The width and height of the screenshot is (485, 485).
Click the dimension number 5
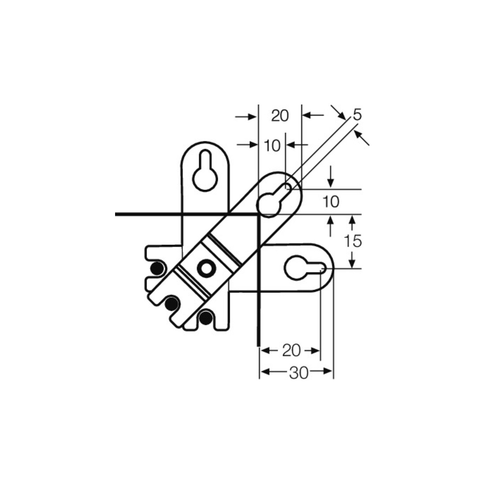[x=357, y=115]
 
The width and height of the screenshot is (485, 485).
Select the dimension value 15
[x=353, y=241]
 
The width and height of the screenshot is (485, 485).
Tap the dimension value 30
[x=299, y=373]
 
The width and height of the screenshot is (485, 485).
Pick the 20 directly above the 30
[x=291, y=351]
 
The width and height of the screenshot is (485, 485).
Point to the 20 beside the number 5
[x=280, y=116]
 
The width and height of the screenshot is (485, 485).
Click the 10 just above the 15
[x=331, y=202]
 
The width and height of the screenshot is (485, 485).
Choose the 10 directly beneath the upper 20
[x=272, y=145]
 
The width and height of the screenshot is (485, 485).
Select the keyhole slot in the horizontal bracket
[x=305, y=268]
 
